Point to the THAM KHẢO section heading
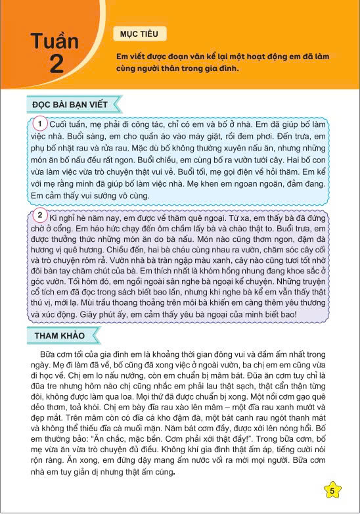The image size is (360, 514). [60, 335]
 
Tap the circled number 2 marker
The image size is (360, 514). [40, 215]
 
